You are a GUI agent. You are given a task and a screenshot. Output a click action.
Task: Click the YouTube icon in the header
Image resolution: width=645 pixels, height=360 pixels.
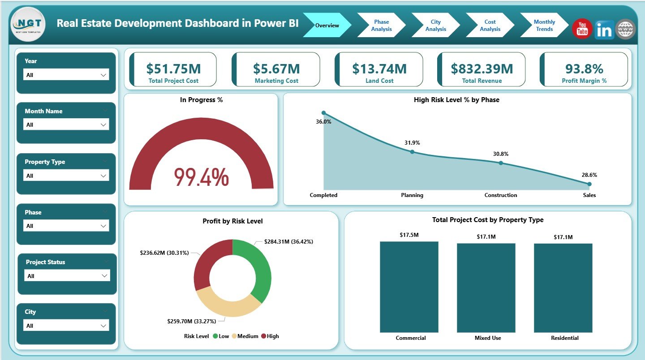point(582,29)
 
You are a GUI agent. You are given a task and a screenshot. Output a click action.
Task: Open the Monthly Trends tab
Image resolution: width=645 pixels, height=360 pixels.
point(544,26)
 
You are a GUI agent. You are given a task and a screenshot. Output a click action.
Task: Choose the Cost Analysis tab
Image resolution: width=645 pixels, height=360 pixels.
point(490,26)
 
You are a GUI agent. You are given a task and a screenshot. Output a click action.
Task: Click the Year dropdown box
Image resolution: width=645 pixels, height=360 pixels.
point(66,75)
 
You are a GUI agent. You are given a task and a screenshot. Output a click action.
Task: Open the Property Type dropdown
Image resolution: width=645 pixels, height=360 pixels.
point(66,176)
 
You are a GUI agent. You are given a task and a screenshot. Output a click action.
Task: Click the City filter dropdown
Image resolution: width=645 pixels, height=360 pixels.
point(66,326)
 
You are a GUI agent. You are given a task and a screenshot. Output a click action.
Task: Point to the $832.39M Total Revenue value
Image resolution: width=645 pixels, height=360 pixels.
point(482,69)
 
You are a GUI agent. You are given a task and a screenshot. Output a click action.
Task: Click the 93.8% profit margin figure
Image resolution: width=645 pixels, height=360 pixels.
point(584,69)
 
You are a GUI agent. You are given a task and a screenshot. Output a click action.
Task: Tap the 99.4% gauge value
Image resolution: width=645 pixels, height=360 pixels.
point(201,177)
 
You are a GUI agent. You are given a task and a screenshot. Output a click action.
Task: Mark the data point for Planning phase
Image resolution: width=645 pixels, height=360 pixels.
point(412,152)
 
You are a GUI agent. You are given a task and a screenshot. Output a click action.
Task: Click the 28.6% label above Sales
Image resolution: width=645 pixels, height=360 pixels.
point(589,175)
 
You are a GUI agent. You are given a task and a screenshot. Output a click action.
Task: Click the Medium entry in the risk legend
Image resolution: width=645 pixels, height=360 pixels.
point(246,336)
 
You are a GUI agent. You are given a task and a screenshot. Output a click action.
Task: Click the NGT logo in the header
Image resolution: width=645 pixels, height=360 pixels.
point(28,25)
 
